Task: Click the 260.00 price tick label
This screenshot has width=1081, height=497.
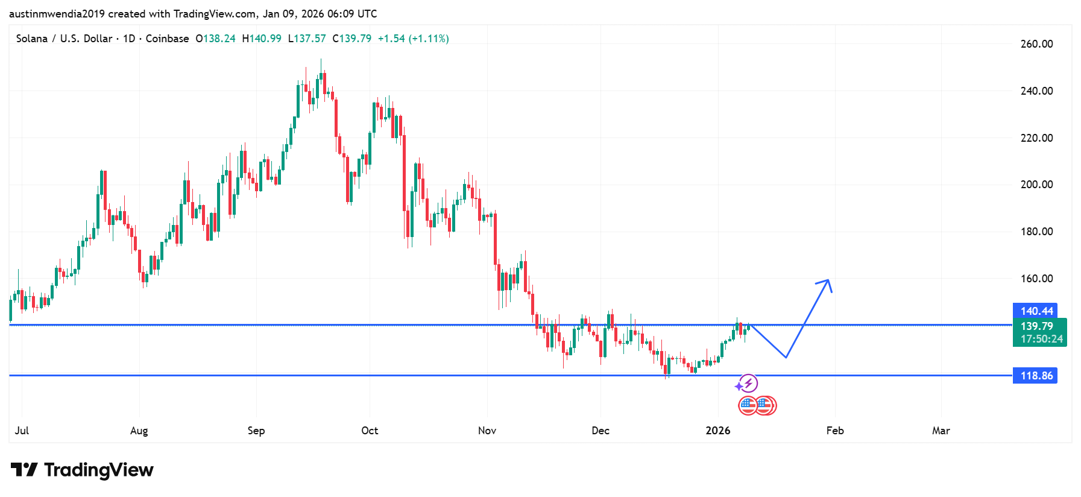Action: tap(1036, 44)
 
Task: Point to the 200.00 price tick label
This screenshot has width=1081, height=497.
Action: tap(1036, 185)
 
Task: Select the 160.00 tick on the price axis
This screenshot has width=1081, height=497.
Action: tap(1036, 279)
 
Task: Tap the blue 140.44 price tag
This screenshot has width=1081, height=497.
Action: tap(1036, 311)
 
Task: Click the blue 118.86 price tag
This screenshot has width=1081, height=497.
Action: tap(1036, 376)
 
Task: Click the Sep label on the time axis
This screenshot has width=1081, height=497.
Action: tap(256, 431)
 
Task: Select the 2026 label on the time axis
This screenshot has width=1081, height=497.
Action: tap(717, 431)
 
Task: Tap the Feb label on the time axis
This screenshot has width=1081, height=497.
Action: tap(834, 431)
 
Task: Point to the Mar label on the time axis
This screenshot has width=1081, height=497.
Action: tap(941, 431)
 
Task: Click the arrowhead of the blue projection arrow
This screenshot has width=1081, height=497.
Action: tap(828, 281)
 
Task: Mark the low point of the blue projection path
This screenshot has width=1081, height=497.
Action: tap(786, 358)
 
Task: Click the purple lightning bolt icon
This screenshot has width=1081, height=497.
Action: tap(748, 383)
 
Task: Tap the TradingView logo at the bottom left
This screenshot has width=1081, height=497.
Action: tap(82, 470)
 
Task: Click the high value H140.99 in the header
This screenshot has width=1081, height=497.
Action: tap(262, 39)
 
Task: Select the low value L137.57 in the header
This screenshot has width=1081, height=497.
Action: tap(307, 39)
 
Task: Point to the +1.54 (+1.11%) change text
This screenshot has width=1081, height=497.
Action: tap(413, 39)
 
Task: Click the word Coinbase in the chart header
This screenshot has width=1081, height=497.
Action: tap(167, 39)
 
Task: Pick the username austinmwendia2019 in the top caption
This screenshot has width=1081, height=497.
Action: tap(57, 14)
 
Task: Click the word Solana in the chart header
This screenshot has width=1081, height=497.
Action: tap(32, 39)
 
